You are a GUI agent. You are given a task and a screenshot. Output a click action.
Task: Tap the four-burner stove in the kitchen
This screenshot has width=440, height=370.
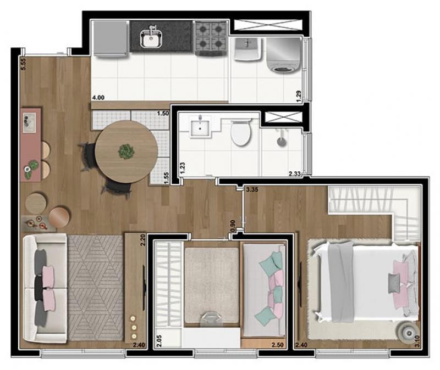click(211, 37)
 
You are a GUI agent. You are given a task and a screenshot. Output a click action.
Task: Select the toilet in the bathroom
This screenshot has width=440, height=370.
click(241, 132)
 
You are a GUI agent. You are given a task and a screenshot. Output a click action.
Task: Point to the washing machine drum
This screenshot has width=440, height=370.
click(281, 70)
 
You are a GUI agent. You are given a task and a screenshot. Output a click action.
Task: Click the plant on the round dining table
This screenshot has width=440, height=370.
click(127, 152)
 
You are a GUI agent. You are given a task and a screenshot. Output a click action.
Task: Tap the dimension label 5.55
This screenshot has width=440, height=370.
click(24, 64)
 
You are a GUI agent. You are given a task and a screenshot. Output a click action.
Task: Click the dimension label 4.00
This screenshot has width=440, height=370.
click(98, 98)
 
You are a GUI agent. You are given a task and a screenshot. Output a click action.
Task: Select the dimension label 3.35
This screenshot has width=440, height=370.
click(252, 190)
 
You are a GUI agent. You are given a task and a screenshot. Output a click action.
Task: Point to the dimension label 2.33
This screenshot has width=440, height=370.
click(295, 174)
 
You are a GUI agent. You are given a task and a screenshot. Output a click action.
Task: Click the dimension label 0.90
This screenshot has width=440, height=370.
click(233, 226)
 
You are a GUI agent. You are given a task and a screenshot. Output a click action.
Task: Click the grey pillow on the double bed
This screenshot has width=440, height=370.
click(394, 283)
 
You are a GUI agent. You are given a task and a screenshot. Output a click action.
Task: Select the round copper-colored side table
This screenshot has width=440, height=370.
click(59, 217)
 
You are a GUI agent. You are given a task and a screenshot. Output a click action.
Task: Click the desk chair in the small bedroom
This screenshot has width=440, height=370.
click(212, 319)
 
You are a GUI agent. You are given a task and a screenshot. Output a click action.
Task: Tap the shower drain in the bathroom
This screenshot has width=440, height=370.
click(282, 142)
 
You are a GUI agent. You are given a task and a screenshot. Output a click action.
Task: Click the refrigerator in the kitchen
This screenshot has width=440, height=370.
click(110, 39)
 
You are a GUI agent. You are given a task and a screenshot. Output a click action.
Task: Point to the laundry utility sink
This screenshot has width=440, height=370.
click(247, 49)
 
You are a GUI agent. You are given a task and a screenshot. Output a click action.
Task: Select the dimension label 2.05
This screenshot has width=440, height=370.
click(159, 341)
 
